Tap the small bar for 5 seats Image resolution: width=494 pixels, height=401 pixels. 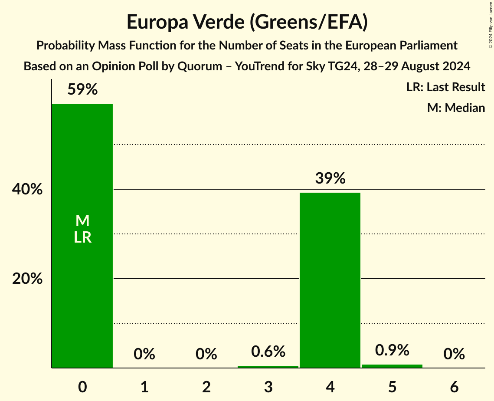point(392,366)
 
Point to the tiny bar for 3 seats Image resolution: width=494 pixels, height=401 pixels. point(268,367)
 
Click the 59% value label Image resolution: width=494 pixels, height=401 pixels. point(82,90)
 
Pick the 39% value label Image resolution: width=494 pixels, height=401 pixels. point(330,178)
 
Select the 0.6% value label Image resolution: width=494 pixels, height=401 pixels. point(268,352)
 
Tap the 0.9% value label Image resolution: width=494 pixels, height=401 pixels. point(392,350)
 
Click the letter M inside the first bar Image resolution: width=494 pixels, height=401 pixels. point(82,221)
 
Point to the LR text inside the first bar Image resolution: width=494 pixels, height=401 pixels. point(82,237)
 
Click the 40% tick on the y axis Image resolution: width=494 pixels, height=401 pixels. point(27,190)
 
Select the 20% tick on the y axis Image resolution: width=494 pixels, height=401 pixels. point(27,279)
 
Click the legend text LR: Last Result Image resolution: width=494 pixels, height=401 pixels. point(445,87)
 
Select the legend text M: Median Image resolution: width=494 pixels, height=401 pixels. point(456,108)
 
